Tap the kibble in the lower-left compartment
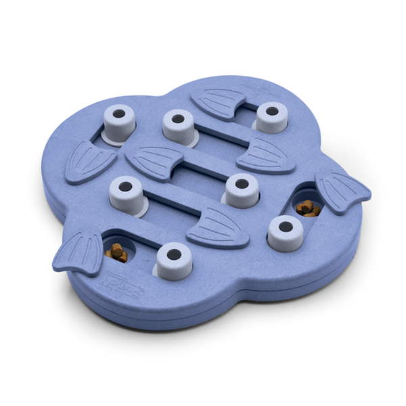point(117,252)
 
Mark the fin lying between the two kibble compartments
point(219,226)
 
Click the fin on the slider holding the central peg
point(154,161)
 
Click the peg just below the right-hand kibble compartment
point(285,232)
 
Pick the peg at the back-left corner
point(120,123)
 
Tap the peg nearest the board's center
point(242,189)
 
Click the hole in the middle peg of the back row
point(178,119)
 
